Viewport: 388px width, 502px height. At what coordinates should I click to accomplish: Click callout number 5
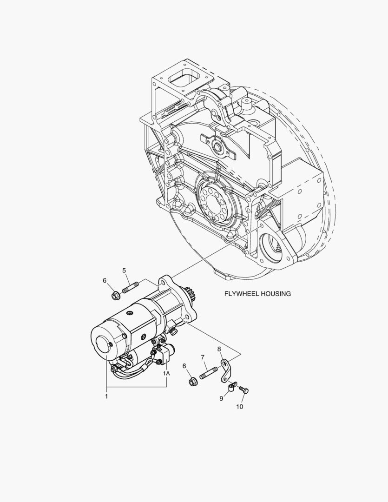pyautogui.click(x=124, y=271)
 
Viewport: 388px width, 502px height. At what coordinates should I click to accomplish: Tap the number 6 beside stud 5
pyautogui.click(x=105, y=280)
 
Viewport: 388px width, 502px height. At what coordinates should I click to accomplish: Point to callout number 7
pyautogui.click(x=202, y=357)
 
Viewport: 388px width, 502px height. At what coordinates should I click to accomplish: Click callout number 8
pyautogui.click(x=219, y=349)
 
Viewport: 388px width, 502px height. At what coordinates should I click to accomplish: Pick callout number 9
pyautogui.click(x=221, y=399)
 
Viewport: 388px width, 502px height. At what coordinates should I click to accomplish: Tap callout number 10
pyautogui.click(x=239, y=407)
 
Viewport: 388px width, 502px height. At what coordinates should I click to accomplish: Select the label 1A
pyautogui.click(x=166, y=373)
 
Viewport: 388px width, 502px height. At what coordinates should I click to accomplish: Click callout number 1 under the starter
pyautogui.click(x=106, y=396)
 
